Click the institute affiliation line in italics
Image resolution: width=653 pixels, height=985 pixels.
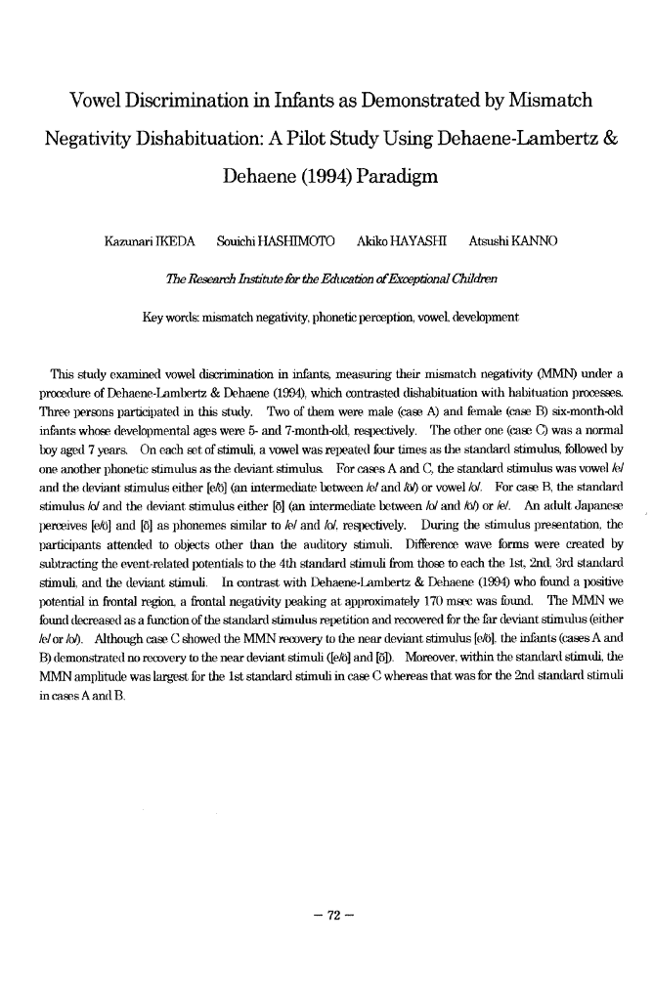tap(326, 278)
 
